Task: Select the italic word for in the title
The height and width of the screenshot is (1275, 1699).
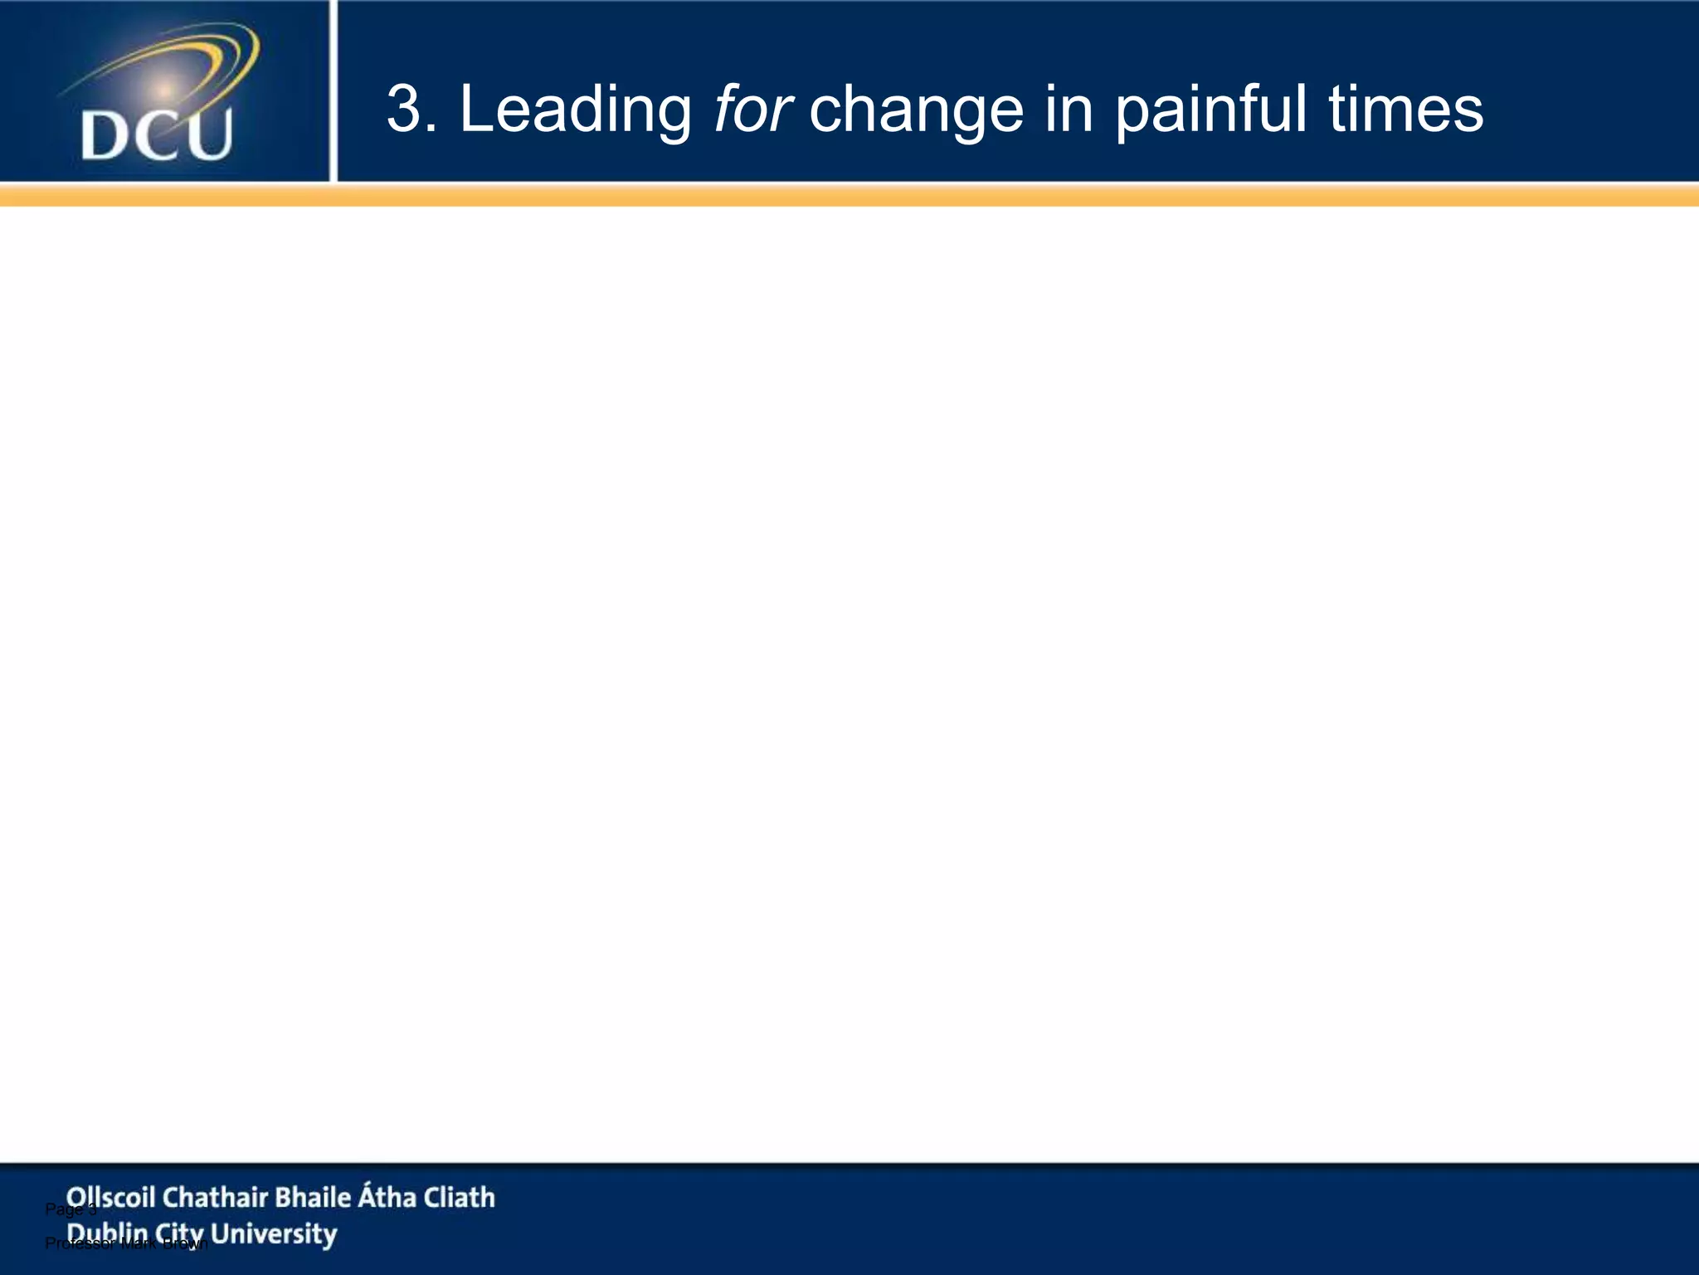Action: (752, 109)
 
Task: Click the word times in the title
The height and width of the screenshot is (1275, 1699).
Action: (1406, 109)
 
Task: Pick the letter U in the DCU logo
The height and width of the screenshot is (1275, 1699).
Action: (208, 135)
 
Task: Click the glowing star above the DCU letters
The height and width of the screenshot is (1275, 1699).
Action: (164, 89)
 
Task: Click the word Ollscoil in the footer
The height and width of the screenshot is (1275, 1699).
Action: (110, 1197)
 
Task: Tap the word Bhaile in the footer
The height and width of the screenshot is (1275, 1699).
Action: (313, 1197)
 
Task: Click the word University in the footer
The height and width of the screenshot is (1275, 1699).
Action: (274, 1234)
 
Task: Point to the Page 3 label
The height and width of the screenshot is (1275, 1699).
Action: (70, 1209)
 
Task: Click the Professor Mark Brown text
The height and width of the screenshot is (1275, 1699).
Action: (124, 1243)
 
